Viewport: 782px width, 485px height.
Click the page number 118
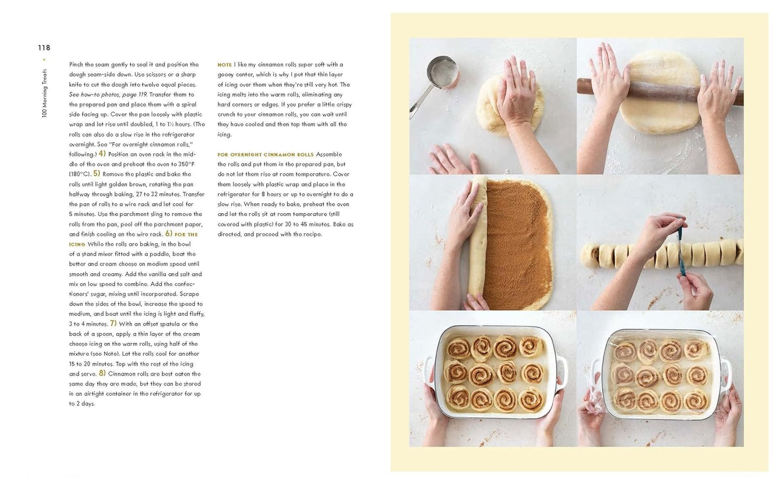point(44,48)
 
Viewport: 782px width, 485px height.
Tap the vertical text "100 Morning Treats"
point(44,93)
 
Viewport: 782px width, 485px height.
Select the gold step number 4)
point(102,154)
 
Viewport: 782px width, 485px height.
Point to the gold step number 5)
point(96,174)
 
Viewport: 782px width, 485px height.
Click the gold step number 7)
point(113,323)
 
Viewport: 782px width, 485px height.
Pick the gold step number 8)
point(102,373)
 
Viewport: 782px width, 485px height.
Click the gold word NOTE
point(225,65)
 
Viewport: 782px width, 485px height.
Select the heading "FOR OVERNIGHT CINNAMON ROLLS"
point(265,155)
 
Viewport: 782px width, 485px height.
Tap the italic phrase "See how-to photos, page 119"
point(108,95)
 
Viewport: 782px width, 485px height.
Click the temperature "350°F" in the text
point(186,164)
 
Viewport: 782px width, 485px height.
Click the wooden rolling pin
point(660,92)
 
